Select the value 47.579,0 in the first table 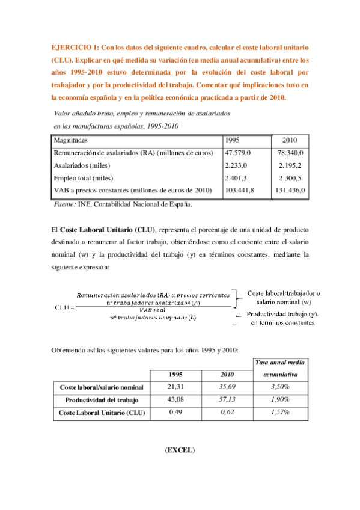[237, 153]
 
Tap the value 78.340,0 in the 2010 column [290, 153]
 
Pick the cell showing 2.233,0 [235, 165]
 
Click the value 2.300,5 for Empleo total [290, 178]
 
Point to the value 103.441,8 [239, 190]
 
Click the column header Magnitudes [71, 140]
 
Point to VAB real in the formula [151, 310]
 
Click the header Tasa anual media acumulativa [280, 368]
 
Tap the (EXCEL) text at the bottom [180, 450]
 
